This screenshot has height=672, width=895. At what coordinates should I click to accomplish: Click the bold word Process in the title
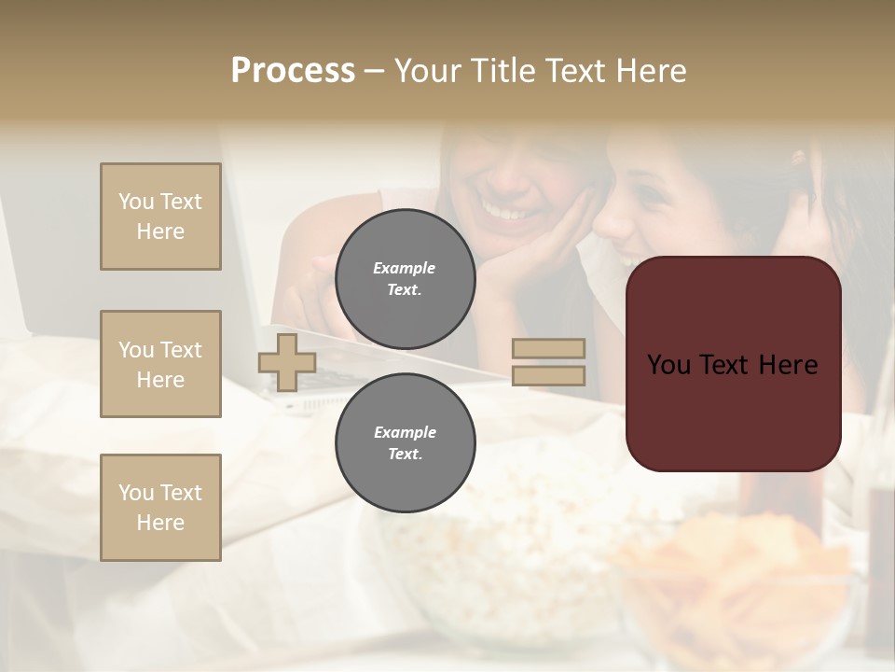coord(293,71)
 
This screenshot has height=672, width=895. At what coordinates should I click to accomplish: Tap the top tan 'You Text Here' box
coord(160,217)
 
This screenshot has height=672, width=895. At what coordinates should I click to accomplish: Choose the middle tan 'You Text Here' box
coord(160,364)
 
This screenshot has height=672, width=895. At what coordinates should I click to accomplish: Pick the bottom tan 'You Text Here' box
coord(160,507)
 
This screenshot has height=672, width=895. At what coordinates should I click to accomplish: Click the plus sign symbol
coord(287,362)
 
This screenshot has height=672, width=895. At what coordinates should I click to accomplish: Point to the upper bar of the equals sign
coord(549,348)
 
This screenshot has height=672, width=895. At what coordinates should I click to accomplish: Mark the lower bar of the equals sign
coord(549,375)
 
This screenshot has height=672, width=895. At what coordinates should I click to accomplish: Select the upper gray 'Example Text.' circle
coord(405,278)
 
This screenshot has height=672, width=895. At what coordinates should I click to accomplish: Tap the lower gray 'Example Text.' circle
coord(405,442)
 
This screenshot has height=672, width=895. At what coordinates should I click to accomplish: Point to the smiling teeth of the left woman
coord(508,214)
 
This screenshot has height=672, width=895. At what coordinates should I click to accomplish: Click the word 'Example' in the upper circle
coord(405,268)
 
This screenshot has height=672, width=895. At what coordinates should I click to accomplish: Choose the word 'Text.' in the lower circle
coord(406,454)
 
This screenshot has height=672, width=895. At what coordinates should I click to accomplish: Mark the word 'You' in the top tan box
coord(136,202)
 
